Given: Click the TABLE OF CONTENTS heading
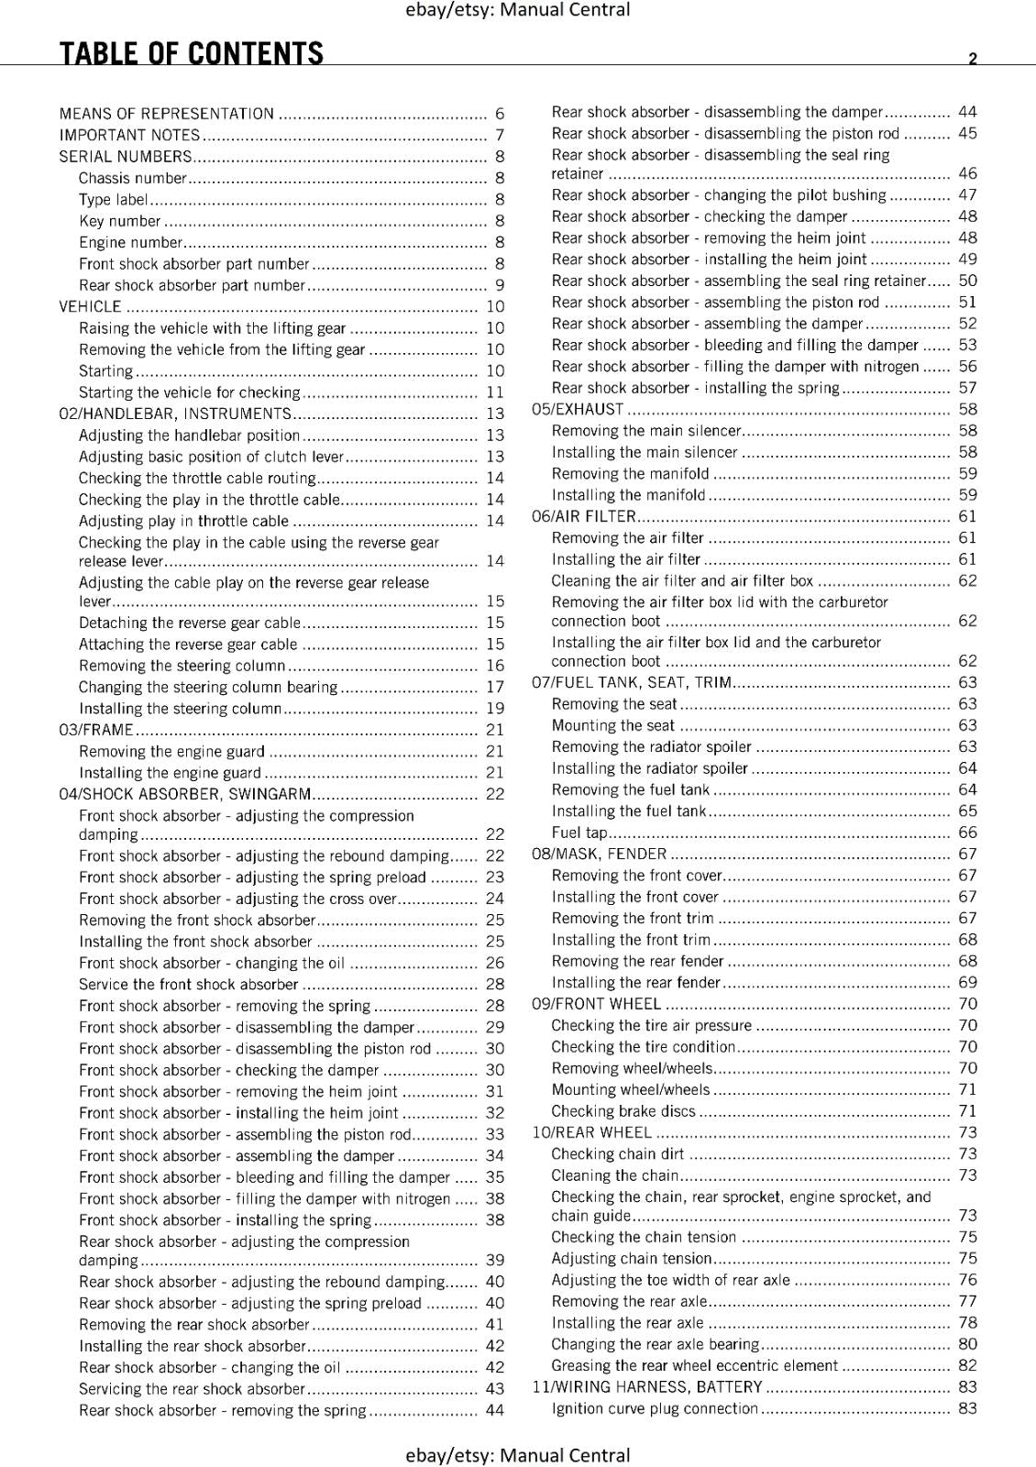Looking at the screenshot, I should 192,54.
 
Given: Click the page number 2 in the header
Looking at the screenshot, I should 973,59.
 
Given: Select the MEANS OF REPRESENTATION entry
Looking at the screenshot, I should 167,114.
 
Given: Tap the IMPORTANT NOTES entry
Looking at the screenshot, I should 129,136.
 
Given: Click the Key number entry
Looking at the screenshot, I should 120,221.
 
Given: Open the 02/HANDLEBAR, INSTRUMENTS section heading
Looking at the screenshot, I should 175,414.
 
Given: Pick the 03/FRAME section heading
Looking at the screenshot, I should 96,730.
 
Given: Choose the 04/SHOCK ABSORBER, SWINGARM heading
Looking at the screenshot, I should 185,794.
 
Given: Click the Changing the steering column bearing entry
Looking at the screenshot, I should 208,687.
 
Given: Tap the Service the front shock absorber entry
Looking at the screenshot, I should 189,985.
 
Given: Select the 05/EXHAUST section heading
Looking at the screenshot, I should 578,409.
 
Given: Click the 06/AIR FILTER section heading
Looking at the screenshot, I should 584,516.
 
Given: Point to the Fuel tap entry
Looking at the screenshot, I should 579,833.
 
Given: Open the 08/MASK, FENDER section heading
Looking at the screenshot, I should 600,854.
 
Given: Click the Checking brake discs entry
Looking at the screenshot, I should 623,1111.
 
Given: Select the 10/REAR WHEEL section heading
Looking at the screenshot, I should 592,1132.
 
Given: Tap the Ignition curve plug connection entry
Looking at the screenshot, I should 655,1408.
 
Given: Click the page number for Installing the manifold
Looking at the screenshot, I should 967,495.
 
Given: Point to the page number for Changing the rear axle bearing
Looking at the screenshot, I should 967,1344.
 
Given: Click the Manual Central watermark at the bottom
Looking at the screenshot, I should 518,1455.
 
